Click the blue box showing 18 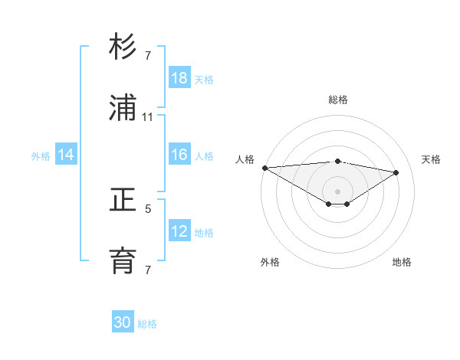pos(179,78)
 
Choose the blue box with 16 pos(179,155)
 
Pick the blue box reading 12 pos(179,231)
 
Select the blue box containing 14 pos(66,155)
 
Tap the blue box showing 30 pos(123,322)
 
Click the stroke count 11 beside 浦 pos(148,117)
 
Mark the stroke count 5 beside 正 pos(148,208)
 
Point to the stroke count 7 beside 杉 pos(148,56)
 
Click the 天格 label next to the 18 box pos(204,80)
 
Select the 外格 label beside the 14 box pos(41,156)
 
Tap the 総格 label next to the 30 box pos(147,324)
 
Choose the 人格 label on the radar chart pos(245,159)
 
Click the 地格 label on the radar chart pos(402,262)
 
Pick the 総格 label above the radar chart pos(338,100)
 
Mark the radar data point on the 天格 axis pos(396,172)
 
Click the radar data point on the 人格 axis pos(264,168)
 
